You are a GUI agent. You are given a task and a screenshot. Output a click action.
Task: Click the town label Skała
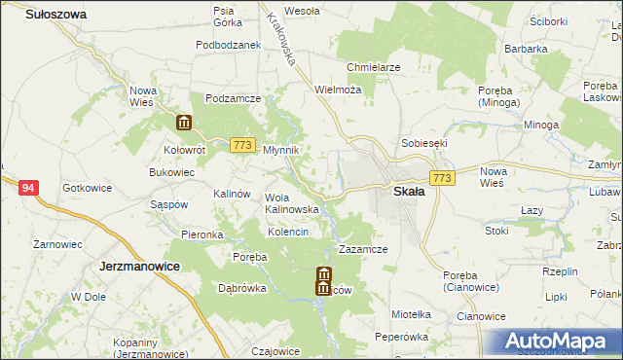[408, 192]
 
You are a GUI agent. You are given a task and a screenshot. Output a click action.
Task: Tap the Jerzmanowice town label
[142, 265]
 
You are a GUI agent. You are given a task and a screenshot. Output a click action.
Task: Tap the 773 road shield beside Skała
[443, 178]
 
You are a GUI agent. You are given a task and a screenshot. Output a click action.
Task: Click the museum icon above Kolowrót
[184, 123]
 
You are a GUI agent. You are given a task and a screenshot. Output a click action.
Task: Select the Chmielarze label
[374, 67]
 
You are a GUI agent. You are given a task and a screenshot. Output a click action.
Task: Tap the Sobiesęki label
[423, 143]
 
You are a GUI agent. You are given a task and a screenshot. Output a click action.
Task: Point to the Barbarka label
[526, 47]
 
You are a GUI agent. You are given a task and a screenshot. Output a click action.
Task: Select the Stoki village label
[496, 232]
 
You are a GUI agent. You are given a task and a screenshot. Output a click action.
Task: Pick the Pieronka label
[202, 235]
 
